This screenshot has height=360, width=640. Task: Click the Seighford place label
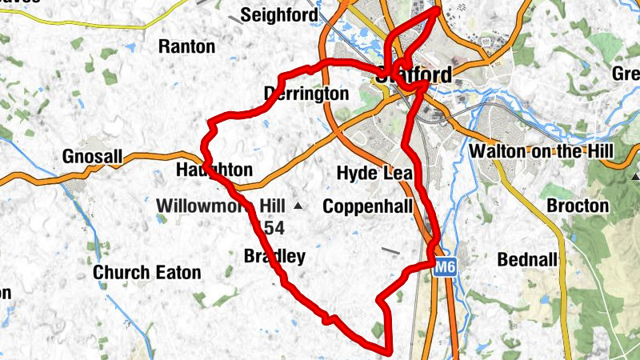pos(278,14)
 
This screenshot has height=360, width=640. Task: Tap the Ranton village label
pos(187,46)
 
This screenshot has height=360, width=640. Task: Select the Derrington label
pos(306,94)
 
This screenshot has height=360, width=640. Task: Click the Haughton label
pos(214,170)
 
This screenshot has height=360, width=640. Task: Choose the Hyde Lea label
pos(374,174)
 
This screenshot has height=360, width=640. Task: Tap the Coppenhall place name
pos(367,206)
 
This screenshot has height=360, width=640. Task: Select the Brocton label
pos(578,206)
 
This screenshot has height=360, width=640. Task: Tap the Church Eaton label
pos(147,273)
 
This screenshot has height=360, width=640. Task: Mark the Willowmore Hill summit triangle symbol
pos(298,206)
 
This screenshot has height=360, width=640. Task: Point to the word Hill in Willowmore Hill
pos(269,206)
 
